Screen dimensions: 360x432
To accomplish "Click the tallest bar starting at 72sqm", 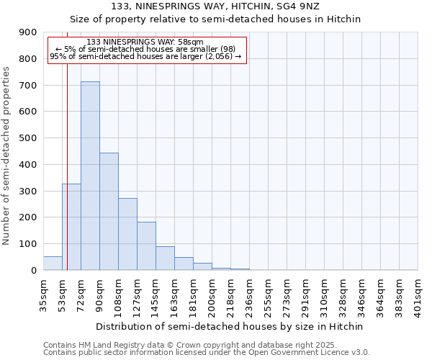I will pos(90,176).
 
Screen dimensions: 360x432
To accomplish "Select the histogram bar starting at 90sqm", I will pos(109,212).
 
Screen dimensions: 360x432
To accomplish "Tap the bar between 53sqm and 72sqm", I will pos(71,227).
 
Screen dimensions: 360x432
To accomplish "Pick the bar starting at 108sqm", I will pos(127,234).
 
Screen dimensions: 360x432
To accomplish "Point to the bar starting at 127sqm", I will pos(146,246).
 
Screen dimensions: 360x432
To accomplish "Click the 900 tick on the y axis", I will pos(28,32).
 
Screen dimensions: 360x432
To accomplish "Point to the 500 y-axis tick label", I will pos(28,138).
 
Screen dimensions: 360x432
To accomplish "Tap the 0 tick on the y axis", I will pos(34,271).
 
